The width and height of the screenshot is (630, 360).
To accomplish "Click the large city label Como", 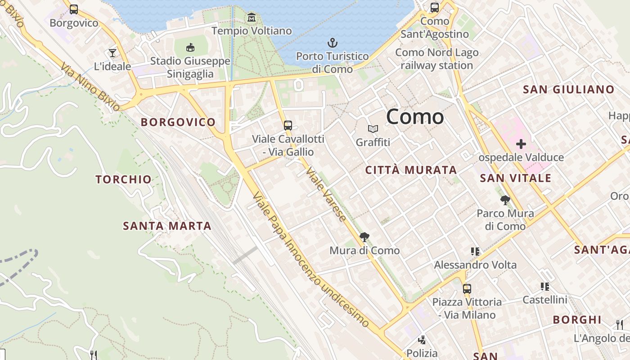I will (415, 117).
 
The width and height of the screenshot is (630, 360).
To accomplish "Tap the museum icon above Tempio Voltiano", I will (252, 18).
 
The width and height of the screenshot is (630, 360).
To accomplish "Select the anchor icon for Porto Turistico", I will (332, 43).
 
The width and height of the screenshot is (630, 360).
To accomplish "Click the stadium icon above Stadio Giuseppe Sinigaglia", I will (190, 47).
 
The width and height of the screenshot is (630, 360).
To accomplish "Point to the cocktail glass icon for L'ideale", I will (112, 53).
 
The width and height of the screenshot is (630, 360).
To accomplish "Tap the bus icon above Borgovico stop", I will (74, 9).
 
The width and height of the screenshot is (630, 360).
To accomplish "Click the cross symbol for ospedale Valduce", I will (521, 144).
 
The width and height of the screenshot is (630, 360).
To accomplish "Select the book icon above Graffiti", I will (373, 129).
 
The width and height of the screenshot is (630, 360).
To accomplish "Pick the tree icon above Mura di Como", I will (364, 237).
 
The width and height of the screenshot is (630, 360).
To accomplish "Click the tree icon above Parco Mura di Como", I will (505, 200).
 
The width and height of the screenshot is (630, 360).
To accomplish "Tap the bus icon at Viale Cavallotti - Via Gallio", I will (288, 126).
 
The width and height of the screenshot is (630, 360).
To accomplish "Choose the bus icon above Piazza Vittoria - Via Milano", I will (467, 288).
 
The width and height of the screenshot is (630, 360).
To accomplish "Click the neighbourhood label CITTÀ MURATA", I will (411, 170).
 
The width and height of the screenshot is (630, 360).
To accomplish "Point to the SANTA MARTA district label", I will (167, 226).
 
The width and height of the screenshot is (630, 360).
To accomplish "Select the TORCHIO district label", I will (124, 180).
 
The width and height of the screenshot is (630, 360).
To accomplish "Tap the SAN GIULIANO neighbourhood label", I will (568, 90).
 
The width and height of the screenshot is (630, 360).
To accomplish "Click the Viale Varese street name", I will (326, 194).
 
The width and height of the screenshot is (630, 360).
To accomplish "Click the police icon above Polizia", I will (422, 340).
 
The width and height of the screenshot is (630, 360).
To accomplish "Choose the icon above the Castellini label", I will (545, 286).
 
